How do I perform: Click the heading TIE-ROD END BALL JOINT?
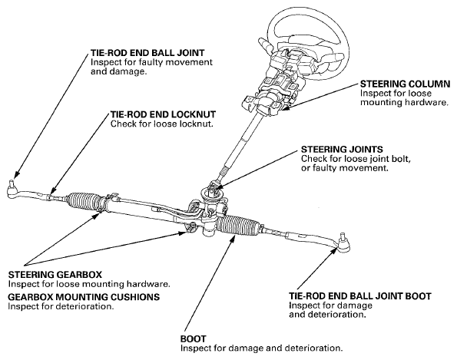[x=147, y=53]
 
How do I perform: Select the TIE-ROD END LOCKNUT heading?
[x=163, y=114]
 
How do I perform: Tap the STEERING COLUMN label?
[x=406, y=84]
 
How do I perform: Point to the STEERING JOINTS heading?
[x=342, y=150]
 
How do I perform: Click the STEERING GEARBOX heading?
[x=55, y=275]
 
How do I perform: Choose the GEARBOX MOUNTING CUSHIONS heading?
[x=84, y=297]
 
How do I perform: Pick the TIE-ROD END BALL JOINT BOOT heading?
[x=360, y=296]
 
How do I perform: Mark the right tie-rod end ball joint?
[x=344, y=245]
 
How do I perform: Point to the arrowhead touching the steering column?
[x=287, y=107]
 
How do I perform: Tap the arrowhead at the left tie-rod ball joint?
[x=16, y=174]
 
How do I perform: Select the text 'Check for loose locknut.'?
[x=162, y=124]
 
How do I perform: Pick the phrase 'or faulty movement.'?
[x=345, y=168]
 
